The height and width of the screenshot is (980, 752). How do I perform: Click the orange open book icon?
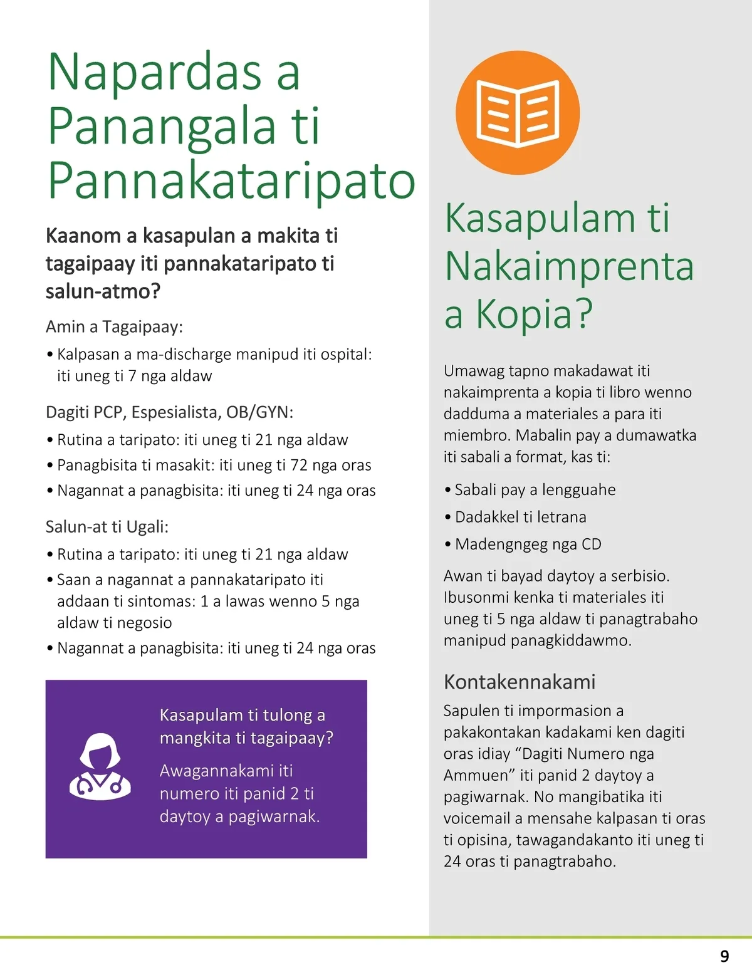[518, 113]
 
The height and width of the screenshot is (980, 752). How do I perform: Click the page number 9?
[724, 956]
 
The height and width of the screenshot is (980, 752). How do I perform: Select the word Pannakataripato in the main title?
[231, 180]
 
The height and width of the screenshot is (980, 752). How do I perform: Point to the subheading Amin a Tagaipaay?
[114, 326]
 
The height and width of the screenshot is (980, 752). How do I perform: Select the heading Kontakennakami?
[519, 682]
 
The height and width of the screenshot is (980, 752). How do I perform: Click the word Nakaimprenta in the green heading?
[569, 266]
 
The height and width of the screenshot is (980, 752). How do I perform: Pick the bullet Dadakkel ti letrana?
[520, 517]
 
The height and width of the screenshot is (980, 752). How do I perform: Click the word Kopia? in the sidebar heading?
[534, 313]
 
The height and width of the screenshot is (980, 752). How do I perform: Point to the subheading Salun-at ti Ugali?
[107, 527]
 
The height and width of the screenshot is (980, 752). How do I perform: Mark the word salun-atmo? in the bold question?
[103, 291]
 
